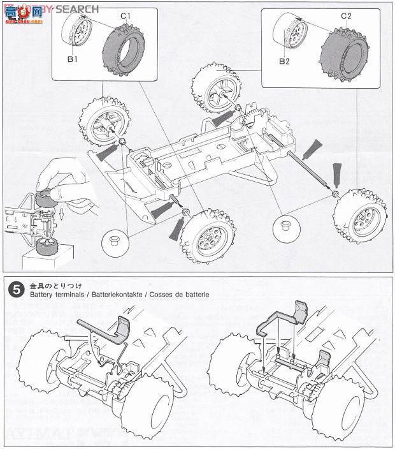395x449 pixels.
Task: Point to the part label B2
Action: coord(284,62)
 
